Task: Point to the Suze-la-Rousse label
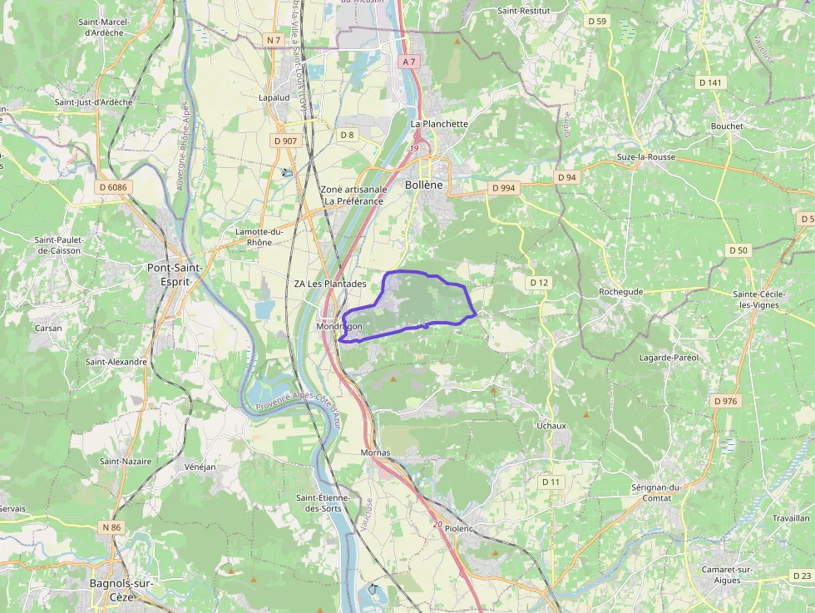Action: pos(646,156)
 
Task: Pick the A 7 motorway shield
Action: pos(407,62)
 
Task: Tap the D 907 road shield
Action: pos(285,141)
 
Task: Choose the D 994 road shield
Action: pos(503,188)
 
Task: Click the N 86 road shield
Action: pos(111,527)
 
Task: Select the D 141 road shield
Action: pos(711,82)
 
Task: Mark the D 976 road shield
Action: pos(725,401)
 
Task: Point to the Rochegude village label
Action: pos(621,292)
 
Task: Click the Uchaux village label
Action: pos(551,426)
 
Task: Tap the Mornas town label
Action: pos(375,452)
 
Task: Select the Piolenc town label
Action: pos(458,528)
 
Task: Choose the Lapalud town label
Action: pos(274,97)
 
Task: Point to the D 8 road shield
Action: pos(347,135)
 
